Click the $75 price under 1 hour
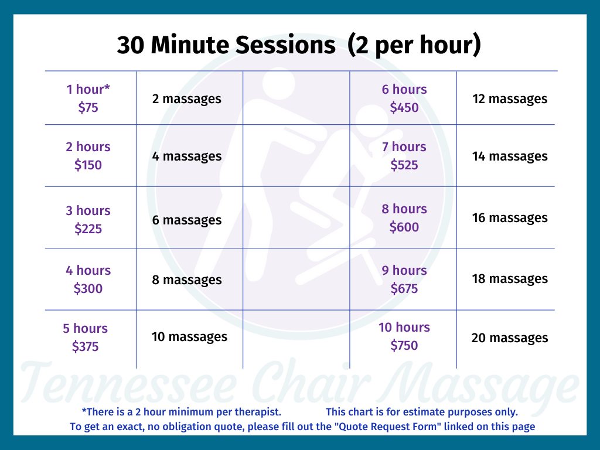tap(88, 108)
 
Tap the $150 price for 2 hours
tap(88, 165)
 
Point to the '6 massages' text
tap(187, 220)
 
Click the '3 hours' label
tap(88, 210)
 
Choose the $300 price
tap(88, 288)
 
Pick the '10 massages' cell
tap(189, 337)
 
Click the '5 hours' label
tap(86, 328)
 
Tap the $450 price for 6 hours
tap(404, 108)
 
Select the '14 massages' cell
tap(510, 156)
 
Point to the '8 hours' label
tap(404, 209)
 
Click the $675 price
tap(404, 288)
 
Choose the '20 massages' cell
tap(510, 338)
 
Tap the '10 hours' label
tap(404, 327)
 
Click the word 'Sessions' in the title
tap(285, 45)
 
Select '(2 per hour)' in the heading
tap(414, 46)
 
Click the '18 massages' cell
tap(510, 279)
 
